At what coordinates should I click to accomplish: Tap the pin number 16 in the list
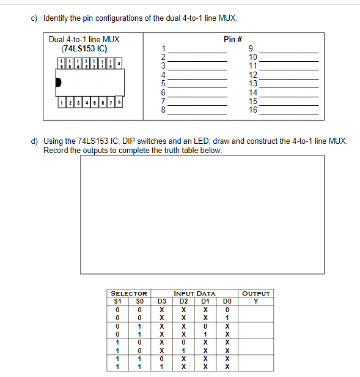[253, 111]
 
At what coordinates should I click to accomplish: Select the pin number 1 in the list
[163, 48]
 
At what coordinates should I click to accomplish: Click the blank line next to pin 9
[289, 52]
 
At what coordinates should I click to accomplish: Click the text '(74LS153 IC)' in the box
[84, 48]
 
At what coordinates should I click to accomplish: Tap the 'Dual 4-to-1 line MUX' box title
[84, 40]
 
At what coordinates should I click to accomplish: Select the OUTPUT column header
[255, 294]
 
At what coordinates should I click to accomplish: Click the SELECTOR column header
[128, 294]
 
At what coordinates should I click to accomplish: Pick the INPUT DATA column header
[194, 294]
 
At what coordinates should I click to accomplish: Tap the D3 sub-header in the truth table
[162, 301]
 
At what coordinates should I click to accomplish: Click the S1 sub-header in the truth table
[118, 301]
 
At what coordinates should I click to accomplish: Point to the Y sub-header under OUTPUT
[256, 301]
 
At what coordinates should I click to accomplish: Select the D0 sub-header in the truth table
[227, 301]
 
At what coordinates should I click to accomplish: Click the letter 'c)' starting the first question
[35, 18]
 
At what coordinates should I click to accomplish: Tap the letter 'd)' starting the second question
[35, 141]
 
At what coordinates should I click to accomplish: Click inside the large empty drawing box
[183, 214]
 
